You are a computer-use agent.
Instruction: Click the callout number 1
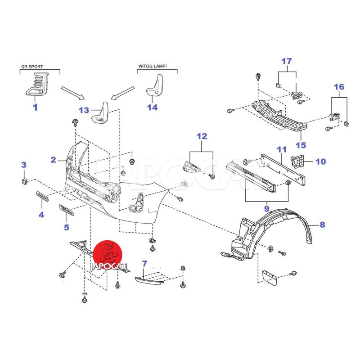[35, 107]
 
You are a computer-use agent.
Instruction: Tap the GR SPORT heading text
[32, 67]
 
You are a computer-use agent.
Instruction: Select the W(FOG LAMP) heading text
[152, 67]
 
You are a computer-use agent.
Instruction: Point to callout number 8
[322, 225]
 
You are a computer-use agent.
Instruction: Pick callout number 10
[321, 161]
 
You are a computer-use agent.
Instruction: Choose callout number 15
[301, 145]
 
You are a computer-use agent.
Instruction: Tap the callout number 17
[287, 61]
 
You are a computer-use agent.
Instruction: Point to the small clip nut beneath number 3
[25, 181]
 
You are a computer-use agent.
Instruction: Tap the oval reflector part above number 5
[68, 210]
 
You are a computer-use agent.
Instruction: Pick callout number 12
[202, 135]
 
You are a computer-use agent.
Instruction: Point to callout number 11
[282, 149]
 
